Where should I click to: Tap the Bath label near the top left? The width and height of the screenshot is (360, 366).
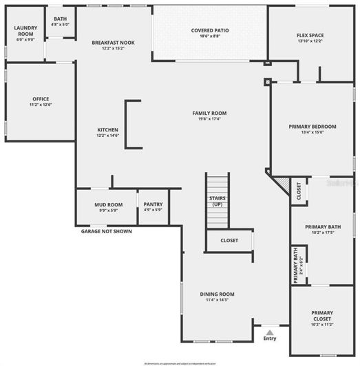61,19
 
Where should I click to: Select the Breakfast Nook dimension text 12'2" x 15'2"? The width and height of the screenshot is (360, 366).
113,49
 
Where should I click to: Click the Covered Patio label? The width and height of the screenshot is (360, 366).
210,31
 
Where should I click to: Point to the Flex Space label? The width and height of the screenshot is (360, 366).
310,35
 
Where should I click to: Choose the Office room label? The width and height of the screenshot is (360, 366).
40,98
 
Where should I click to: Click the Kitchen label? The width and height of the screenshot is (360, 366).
107,130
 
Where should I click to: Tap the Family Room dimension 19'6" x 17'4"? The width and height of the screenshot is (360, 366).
209,120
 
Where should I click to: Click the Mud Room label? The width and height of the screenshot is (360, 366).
109,204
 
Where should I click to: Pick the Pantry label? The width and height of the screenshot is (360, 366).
152,204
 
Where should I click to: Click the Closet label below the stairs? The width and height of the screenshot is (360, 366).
229,240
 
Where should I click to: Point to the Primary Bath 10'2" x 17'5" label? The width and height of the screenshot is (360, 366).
323,232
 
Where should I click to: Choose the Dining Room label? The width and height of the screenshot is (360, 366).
218,294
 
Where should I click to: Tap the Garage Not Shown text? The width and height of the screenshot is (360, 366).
106,231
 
